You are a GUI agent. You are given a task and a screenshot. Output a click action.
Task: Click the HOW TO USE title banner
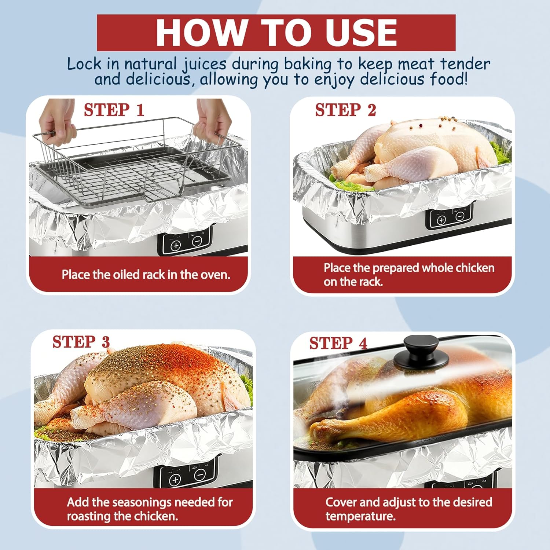tap(276, 33)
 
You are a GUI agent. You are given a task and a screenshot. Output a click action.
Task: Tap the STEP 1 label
tap(114, 110)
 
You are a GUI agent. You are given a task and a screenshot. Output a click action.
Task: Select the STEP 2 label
tap(345, 110)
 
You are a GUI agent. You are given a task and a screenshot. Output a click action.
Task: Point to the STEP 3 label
tap(81, 342)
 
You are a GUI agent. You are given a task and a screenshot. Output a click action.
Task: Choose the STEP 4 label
tap(338, 343)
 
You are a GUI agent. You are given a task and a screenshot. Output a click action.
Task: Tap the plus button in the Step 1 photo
tap(176, 245)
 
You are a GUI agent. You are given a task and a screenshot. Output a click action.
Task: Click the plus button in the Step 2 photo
tap(441, 220)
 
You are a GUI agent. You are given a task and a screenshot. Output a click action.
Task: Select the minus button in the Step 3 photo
tap(200, 475)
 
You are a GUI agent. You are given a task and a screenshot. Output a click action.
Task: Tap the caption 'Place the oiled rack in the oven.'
tap(146, 275)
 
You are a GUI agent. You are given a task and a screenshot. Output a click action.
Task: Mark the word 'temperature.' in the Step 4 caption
tap(360, 516)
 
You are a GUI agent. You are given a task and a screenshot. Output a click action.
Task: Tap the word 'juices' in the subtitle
tap(205, 64)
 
